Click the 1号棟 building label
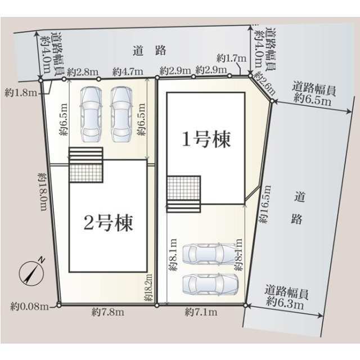pyautogui.click(x=206, y=139)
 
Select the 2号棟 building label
pyautogui.click(x=108, y=223)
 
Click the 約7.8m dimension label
pyautogui.click(x=108, y=312)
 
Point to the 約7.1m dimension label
pyautogui.click(x=201, y=312)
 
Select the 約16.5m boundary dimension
pyautogui.click(x=264, y=204)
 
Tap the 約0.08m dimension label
pyautogui.click(x=30, y=307)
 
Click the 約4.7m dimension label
pyautogui.click(x=128, y=72)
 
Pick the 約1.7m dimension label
pyautogui.click(x=231, y=58)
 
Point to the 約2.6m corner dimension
pyautogui.click(x=265, y=83)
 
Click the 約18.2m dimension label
pyautogui.click(x=148, y=287)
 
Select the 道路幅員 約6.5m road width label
pyautogui.click(x=313, y=94)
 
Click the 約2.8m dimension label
pyautogui.click(x=83, y=73)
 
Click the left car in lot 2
pyautogui.click(x=91, y=114)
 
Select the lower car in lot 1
pyautogui.click(x=210, y=284)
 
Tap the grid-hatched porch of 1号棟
pyautogui.click(x=184, y=188)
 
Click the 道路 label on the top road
pyautogui.click(x=150, y=50)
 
